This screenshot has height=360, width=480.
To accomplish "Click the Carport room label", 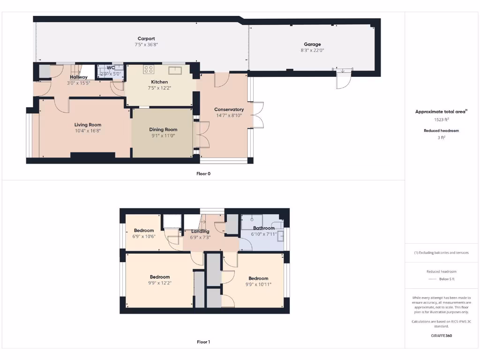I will [x=146, y=39].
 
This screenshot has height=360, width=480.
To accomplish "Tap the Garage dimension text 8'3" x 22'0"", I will [x=312, y=50].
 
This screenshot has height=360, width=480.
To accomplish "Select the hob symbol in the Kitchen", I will [x=148, y=69].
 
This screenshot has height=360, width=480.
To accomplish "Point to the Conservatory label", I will [x=229, y=109].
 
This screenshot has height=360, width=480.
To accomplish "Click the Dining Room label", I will [x=163, y=129].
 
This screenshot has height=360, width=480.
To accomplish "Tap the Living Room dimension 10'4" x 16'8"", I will [x=88, y=131].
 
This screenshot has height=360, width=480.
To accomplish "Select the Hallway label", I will [x=79, y=77].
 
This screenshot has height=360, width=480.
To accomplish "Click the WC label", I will [x=111, y=68].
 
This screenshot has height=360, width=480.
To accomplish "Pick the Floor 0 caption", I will [x=203, y=173].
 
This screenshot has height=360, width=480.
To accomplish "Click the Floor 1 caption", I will [x=203, y=342].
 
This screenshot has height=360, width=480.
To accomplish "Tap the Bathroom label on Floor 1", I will [x=264, y=228].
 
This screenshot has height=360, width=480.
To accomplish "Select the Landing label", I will [x=200, y=232].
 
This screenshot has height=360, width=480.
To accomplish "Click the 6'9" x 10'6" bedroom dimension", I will [x=144, y=236].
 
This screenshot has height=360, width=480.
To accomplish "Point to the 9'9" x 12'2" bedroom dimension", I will [x=159, y=283].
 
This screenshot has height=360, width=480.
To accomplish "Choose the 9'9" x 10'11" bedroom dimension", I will [x=258, y=284].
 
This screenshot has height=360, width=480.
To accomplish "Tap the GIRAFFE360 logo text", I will [x=442, y=336].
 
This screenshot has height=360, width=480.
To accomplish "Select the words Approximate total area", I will [x=440, y=112].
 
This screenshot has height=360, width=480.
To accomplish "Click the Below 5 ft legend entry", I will [x=446, y=279].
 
